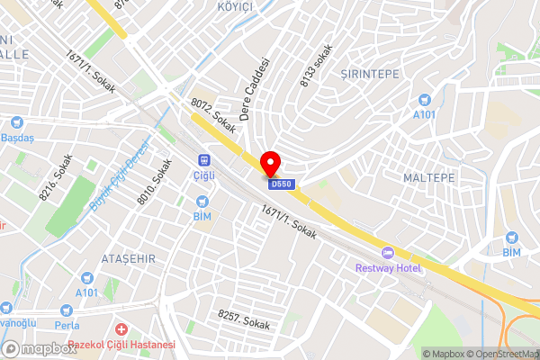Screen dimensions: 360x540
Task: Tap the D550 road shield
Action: click(x=282, y=184)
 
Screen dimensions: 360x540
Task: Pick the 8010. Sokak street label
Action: click(x=148, y=181)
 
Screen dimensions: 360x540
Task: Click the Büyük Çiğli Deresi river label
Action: click(x=118, y=177)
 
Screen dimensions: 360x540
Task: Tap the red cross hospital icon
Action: click(x=120, y=329)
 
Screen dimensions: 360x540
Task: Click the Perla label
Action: click(x=67, y=323)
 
